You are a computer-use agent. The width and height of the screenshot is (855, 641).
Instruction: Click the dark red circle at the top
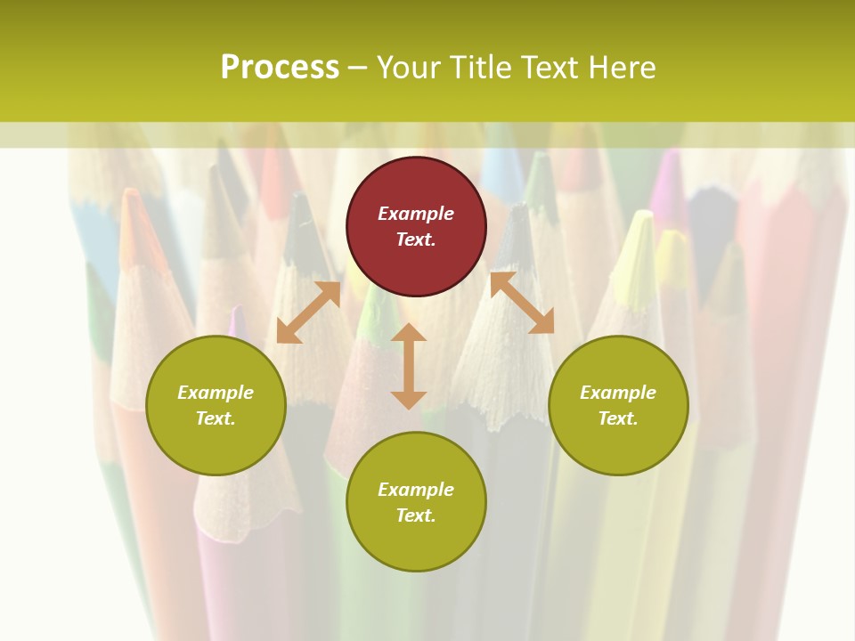[416, 226]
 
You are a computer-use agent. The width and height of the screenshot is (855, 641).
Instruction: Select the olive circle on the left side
[216, 405]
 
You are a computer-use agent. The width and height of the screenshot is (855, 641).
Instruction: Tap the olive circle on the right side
[618, 405]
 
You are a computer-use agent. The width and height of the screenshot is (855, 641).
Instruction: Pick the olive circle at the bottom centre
[416, 502]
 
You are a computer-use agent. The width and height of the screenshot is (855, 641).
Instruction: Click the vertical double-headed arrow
[409, 366]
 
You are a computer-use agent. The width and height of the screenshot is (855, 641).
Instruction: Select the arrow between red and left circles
[309, 312]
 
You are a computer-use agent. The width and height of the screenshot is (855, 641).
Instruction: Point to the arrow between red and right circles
[522, 303]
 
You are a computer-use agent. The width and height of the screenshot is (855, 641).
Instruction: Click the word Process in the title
[280, 67]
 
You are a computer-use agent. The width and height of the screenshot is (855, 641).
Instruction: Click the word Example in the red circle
[416, 214]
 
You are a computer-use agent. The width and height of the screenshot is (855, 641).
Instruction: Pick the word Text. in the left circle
[216, 418]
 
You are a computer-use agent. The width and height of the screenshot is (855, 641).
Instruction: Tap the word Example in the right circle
[618, 393]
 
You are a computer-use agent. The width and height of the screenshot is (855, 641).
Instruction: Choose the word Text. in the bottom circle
[416, 515]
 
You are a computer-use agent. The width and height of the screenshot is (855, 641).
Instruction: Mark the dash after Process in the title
[357, 68]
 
